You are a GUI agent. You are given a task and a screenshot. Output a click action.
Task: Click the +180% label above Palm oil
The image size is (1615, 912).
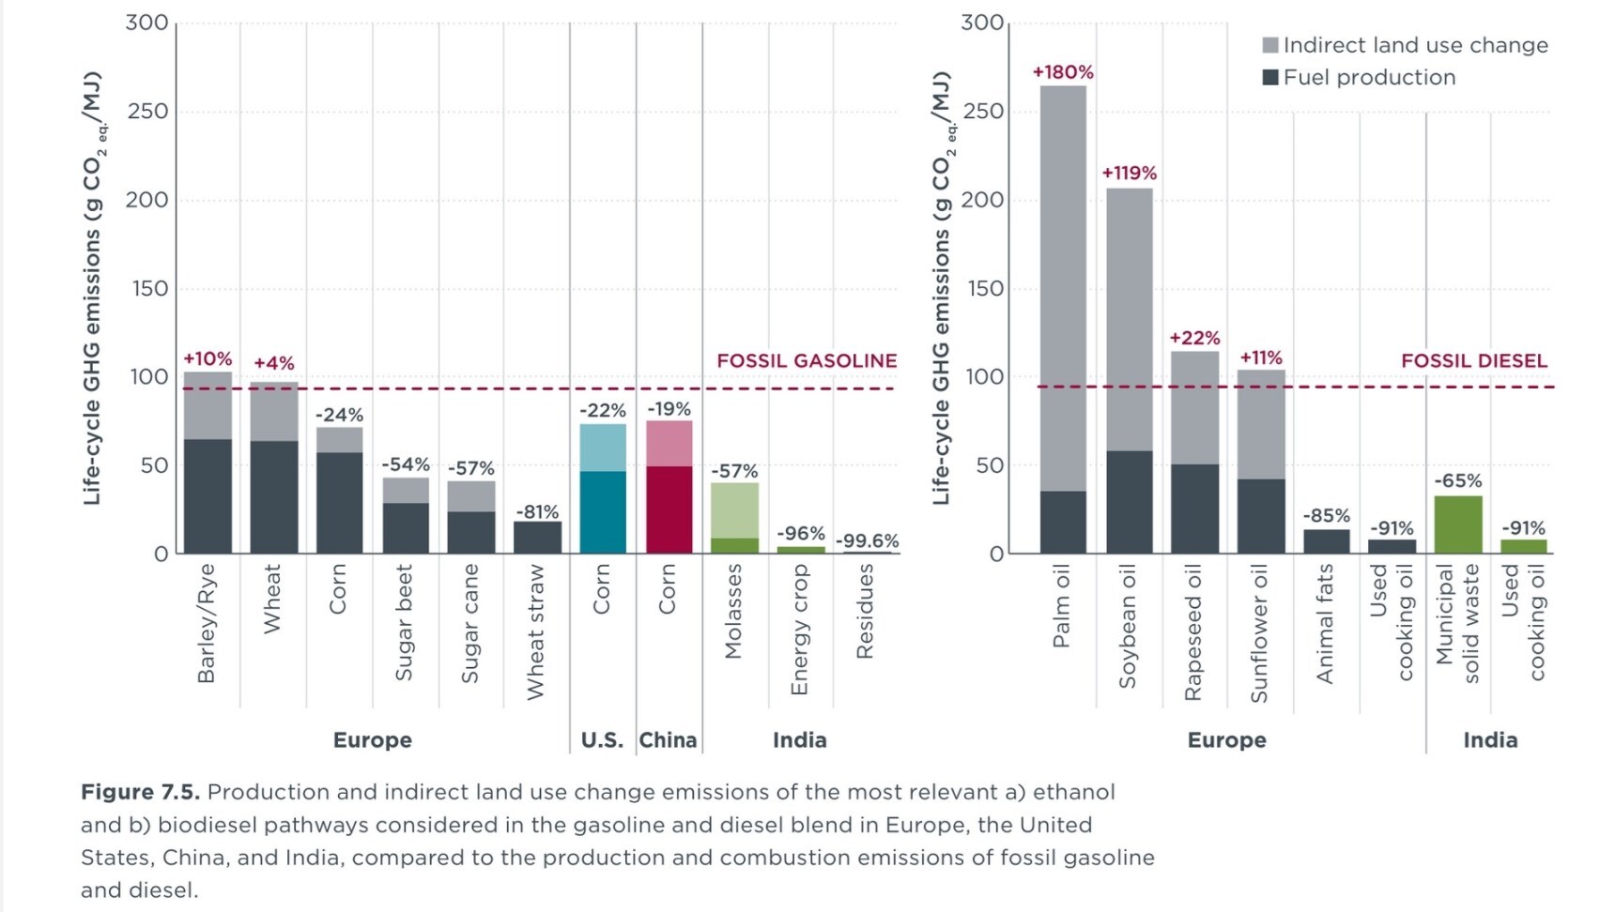(x=1063, y=72)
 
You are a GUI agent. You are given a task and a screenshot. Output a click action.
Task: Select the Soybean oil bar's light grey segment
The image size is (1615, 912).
(x=1129, y=319)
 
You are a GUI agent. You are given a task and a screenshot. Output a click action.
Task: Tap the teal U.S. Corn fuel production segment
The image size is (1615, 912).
(x=603, y=511)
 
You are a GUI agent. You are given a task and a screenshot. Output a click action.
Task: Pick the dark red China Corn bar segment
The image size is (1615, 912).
(x=669, y=509)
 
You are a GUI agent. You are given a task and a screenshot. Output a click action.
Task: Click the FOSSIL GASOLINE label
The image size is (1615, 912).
(x=807, y=361)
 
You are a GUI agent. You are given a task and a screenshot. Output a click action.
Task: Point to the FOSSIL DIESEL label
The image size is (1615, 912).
(x=1473, y=361)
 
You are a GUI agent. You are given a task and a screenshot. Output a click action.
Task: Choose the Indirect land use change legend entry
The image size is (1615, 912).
(x=1406, y=45)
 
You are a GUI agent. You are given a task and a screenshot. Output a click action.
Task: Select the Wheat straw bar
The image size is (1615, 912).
(x=537, y=538)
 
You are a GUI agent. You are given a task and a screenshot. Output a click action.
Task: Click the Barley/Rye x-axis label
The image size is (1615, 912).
(x=207, y=623)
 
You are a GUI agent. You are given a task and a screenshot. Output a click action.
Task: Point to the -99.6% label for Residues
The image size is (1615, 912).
(x=867, y=540)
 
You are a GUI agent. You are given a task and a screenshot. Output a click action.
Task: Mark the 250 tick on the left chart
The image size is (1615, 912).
(x=146, y=112)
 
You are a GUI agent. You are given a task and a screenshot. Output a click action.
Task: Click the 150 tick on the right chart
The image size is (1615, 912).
(x=982, y=289)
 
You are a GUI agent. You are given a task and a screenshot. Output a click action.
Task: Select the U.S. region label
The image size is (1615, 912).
(x=602, y=740)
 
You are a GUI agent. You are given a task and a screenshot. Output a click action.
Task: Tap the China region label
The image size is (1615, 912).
(x=669, y=740)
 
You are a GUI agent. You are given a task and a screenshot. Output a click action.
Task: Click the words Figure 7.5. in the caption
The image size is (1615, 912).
(x=140, y=792)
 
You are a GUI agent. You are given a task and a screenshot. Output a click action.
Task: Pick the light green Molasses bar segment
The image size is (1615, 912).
(x=735, y=510)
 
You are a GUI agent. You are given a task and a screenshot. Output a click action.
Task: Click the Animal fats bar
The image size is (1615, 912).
(x=1326, y=541)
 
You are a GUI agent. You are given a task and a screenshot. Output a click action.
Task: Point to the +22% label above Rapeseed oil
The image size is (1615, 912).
(x=1194, y=338)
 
